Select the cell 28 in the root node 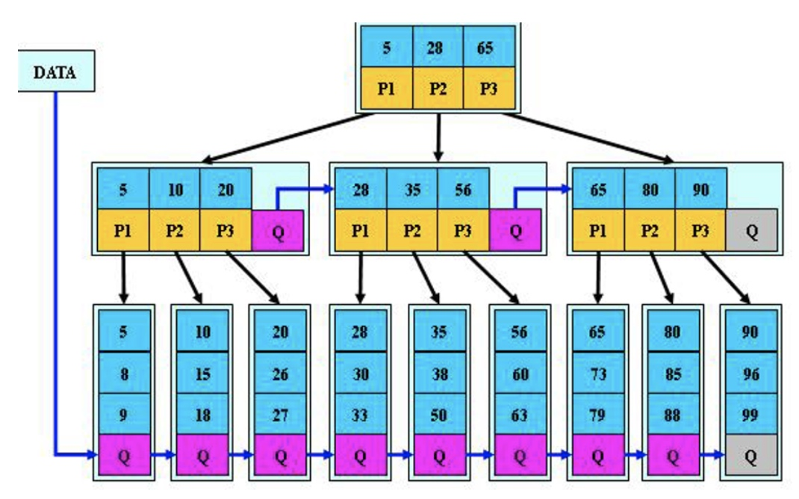pos(435,47)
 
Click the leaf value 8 pos(124,374)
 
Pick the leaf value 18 pos(202,415)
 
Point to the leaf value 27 pos(281,415)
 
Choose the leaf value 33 pos(360,415)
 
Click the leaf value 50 pos(439,415)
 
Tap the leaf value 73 pos(597,374)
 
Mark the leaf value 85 pos(673,374)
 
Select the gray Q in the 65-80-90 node pos(752,230)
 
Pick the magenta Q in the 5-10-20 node pos(278,231)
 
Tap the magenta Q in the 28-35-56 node pos(515,231)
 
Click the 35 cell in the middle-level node pos(412,189)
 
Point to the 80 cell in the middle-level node pos(650,189)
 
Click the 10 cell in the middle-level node pos(175,189)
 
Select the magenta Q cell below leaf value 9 pos(124,455)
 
